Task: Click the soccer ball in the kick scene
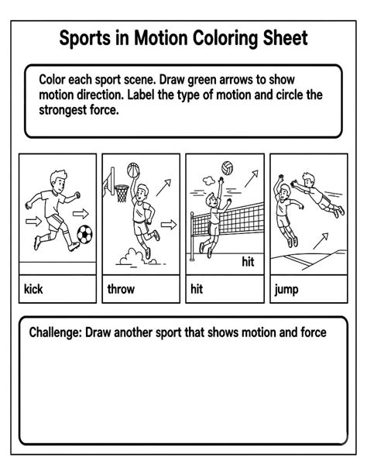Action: point(85,232)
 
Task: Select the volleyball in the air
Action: point(228,167)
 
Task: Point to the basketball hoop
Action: point(121,191)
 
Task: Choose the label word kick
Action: point(33,291)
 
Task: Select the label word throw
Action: point(121,291)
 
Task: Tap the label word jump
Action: point(287,291)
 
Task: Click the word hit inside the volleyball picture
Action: point(248,262)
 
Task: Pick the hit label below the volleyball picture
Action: point(197,291)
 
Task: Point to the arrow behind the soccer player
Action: point(33,221)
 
